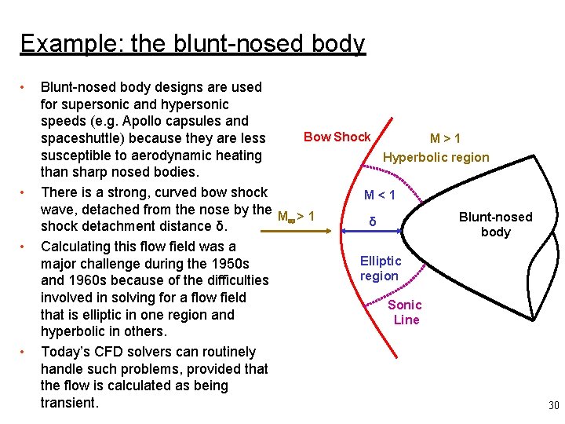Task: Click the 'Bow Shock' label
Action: click(337, 137)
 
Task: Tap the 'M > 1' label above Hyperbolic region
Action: click(445, 139)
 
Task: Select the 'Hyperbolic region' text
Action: click(436, 157)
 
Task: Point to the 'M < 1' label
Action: click(379, 195)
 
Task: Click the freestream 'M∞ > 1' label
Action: click(296, 215)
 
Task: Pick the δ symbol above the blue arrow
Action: click(373, 222)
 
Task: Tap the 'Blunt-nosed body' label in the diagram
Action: click(495, 224)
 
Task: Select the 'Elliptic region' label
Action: click(381, 268)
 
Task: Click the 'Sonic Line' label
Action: click(405, 312)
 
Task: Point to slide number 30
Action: click(553, 406)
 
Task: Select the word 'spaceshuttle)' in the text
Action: click(86, 138)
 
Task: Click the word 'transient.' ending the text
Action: click(70, 403)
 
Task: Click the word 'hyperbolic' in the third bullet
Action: click(75, 331)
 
